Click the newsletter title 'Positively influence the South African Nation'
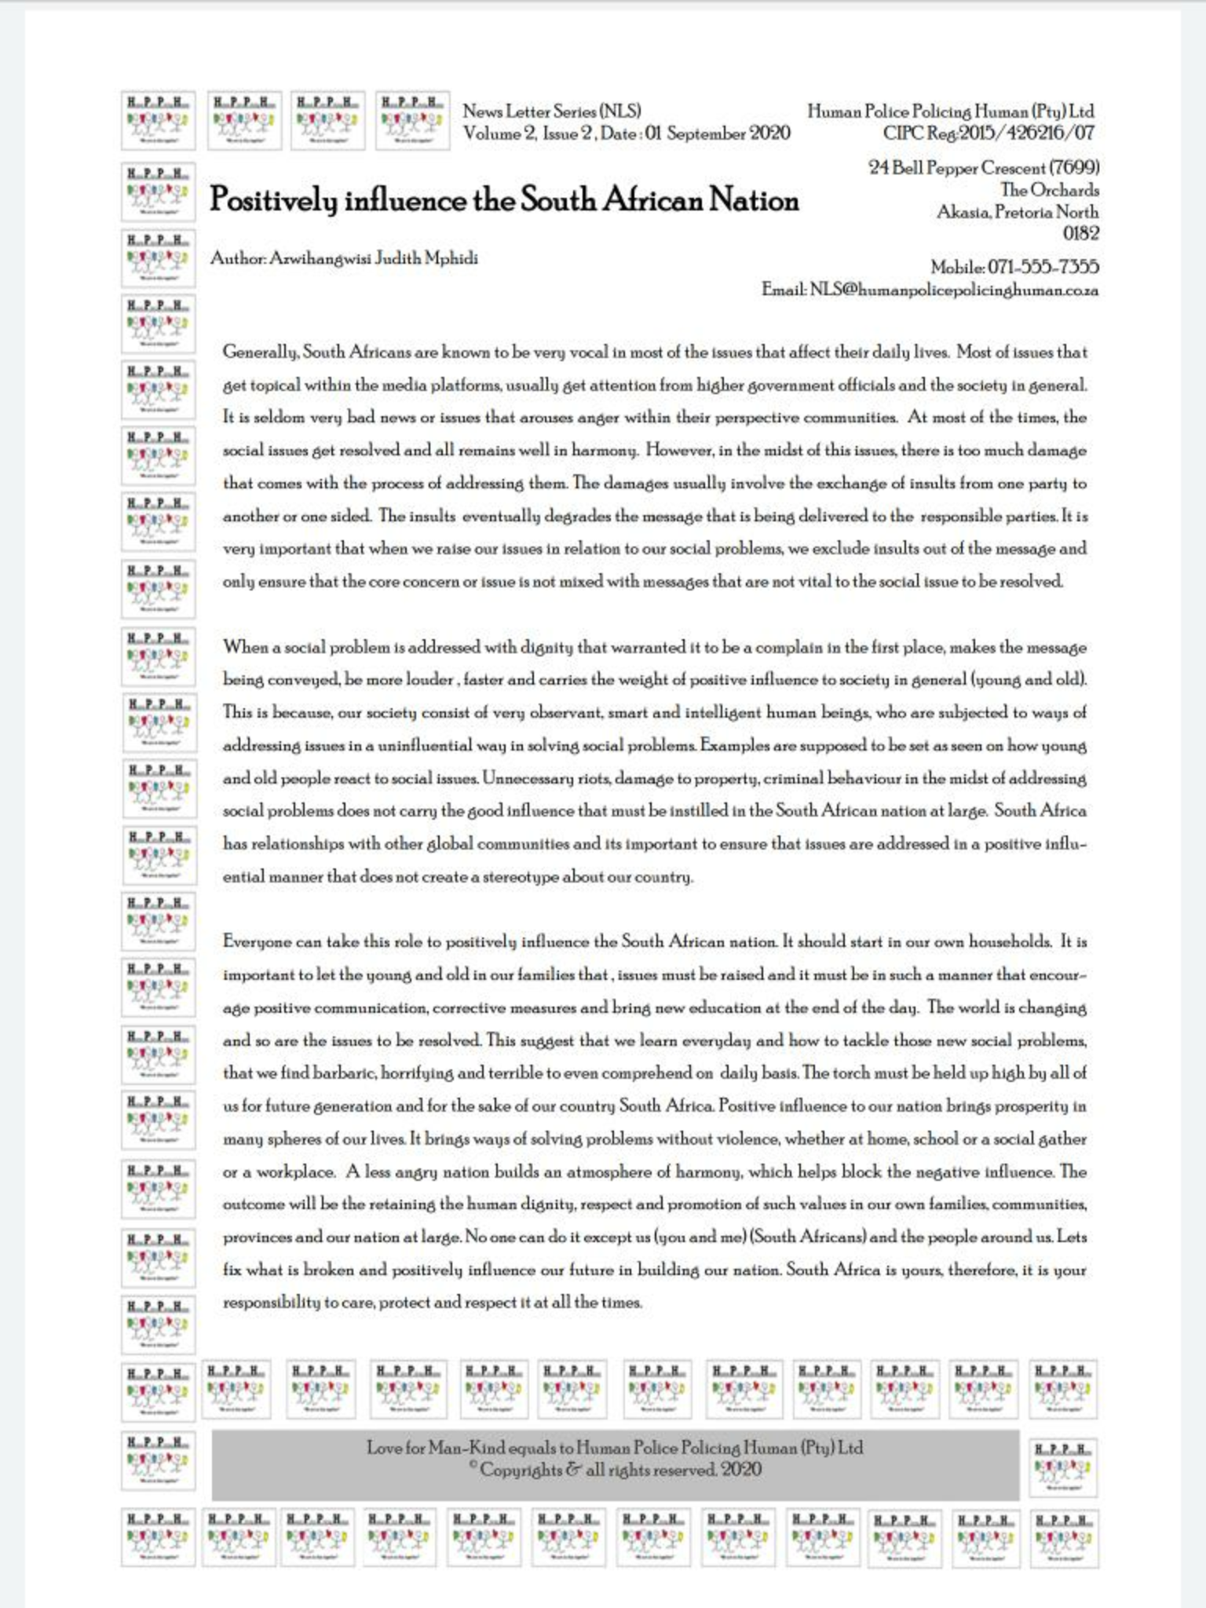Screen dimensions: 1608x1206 [x=503, y=201]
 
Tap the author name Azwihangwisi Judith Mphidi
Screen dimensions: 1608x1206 [x=373, y=258]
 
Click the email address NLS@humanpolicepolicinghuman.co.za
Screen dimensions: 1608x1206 [x=954, y=290]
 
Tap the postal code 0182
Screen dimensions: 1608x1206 [x=1080, y=233]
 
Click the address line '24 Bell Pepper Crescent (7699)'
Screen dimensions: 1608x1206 [x=983, y=168]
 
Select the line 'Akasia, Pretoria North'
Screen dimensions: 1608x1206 [x=1018, y=212]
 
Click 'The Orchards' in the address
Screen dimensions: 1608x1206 [x=1049, y=190]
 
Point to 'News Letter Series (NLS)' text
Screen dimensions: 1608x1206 [x=552, y=111]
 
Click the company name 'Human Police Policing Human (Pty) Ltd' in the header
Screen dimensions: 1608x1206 [x=950, y=111]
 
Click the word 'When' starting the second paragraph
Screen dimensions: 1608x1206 [x=245, y=648]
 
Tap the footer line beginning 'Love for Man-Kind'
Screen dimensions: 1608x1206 [x=615, y=1448]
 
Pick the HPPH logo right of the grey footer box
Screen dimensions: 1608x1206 [x=1063, y=1467]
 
